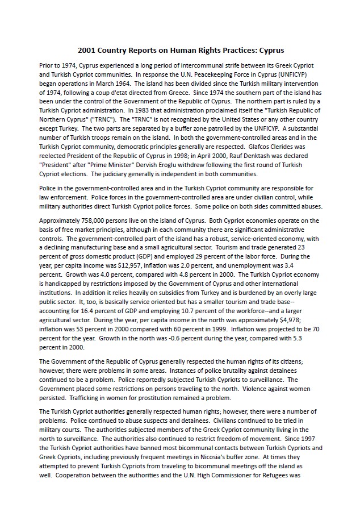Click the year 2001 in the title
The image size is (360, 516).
click(x=86, y=50)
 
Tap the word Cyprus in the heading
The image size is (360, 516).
click(x=270, y=50)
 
